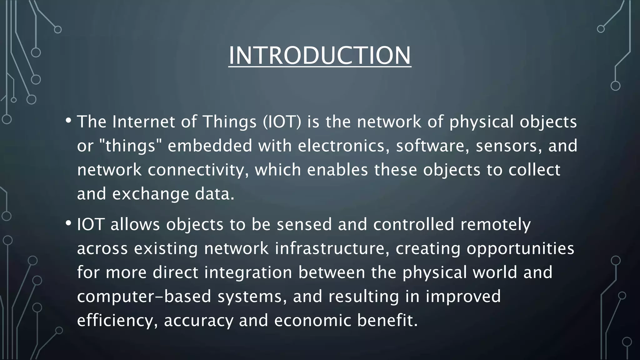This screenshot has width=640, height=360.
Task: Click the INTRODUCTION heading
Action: [320, 56]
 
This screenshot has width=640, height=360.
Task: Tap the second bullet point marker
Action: [68, 223]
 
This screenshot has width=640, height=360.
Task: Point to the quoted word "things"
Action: [130, 146]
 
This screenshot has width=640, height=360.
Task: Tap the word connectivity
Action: [198, 170]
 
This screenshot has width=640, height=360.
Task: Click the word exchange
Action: [151, 194]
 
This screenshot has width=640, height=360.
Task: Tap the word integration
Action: [248, 272]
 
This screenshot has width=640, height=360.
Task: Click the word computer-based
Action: [144, 297]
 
